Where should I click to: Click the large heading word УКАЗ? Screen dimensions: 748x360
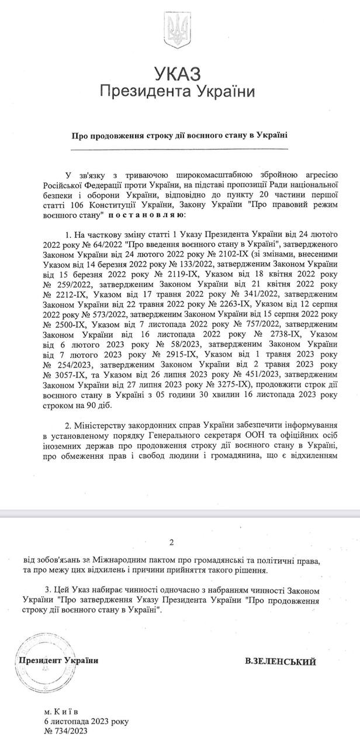pyautogui.click(x=178, y=74)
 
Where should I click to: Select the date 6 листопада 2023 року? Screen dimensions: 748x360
pyautogui.click(x=85, y=722)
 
